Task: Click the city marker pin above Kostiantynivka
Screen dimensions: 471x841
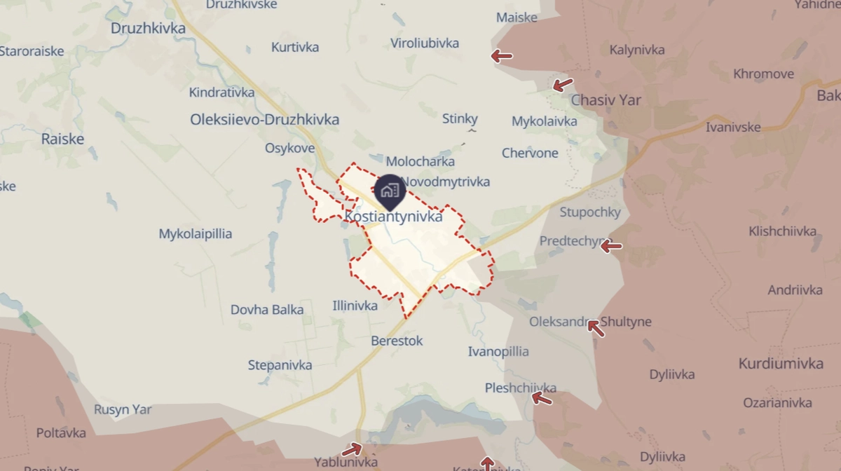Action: pos(388,191)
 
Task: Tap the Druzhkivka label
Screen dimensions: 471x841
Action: pos(148,29)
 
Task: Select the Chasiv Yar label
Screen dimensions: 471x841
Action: pos(606,100)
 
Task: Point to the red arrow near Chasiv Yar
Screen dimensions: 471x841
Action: pos(562,86)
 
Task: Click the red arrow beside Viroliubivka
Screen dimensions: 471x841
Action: pos(501,56)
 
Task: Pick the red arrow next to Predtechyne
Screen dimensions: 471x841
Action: pos(611,246)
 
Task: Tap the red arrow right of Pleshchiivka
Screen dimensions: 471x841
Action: pos(541,399)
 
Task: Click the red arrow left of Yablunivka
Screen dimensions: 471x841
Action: pos(352,449)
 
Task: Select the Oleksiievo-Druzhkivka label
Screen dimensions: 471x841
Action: pos(264,120)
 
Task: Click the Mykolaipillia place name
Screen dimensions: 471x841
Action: pos(195,234)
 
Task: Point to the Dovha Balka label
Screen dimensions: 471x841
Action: pos(267,310)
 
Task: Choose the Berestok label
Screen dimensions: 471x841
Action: pos(397,341)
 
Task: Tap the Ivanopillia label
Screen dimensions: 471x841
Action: pos(498,352)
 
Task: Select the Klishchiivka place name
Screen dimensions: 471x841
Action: pos(782,231)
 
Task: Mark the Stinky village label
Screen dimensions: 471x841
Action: pos(460,119)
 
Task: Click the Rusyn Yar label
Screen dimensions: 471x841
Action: pos(123,410)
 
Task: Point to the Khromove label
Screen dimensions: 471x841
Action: pos(763,74)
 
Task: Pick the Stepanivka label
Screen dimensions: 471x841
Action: pos(280,365)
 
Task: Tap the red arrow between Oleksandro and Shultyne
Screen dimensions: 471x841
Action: pos(595,327)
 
